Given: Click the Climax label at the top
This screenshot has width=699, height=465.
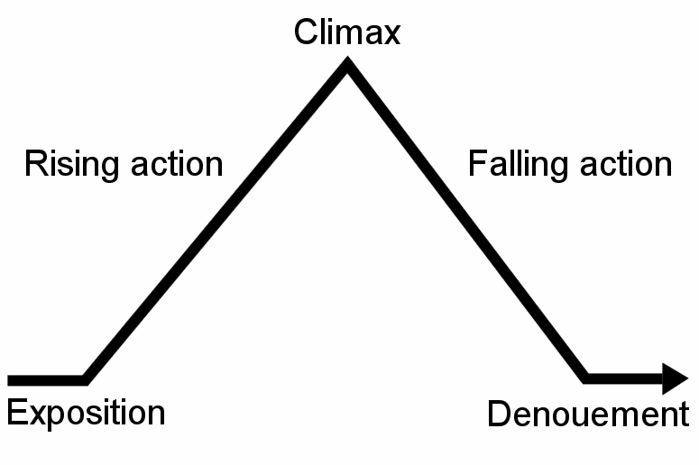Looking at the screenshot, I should click(x=346, y=32).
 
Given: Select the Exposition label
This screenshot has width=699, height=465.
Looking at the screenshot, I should click(x=86, y=413).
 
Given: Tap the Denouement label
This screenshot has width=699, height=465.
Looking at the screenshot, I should click(x=587, y=415).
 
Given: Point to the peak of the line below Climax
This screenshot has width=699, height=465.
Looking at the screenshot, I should click(x=347, y=66).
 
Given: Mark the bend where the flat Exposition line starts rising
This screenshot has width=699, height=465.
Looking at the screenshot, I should click(x=86, y=378).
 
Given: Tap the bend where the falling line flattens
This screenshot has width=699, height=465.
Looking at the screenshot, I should click(x=586, y=378).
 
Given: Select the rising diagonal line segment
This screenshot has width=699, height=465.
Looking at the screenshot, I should click(x=216, y=222).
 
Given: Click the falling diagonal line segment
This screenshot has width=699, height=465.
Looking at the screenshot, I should click(x=467, y=222).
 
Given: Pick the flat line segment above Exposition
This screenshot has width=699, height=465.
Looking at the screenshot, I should click(x=45, y=378).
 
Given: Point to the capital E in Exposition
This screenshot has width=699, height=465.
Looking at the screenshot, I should click(x=15, y=413).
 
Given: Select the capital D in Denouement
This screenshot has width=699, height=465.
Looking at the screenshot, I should click(x=499, y=415).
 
